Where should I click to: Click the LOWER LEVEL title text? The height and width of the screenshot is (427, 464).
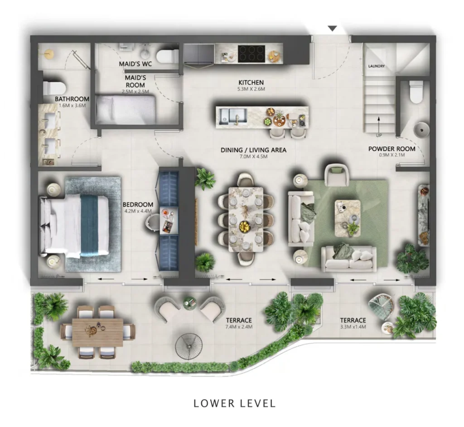coord(234,403)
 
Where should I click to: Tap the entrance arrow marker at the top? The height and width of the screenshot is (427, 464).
coord(333,29)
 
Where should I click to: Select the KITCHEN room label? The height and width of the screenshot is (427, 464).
coord(251,82)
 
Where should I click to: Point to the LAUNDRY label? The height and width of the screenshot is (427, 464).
coord(376,67)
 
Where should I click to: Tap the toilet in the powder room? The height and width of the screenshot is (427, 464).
coord(415,93)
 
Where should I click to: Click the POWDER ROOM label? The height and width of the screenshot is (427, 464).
coord(391,149)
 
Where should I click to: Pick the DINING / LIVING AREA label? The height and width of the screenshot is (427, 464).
coord(253,150)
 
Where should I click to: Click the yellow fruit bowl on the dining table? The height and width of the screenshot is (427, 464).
coord(245,226)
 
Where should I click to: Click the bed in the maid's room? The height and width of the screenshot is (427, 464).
coord(126,110)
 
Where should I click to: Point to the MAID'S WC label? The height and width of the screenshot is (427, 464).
coord(135,64)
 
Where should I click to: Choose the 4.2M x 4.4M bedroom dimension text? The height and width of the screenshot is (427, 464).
coord(138,211)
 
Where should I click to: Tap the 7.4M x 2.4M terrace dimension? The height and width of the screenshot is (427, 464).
coord(239,326)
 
